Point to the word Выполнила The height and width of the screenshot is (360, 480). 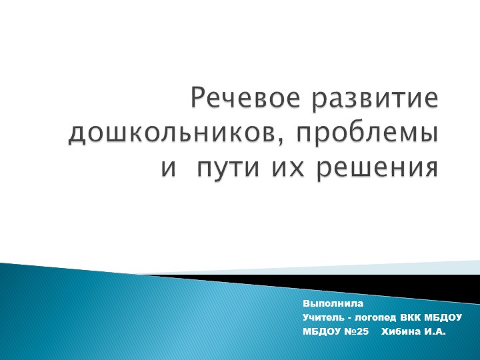pos(328,304)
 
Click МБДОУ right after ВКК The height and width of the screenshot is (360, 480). pos(443,317)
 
